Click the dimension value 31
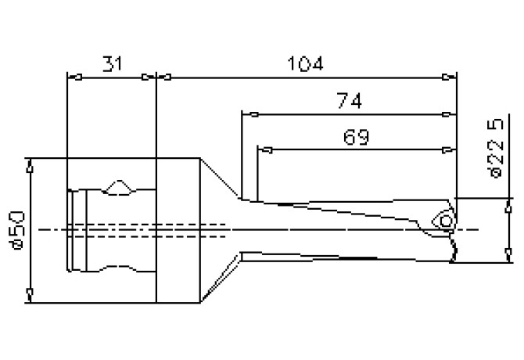pyautogui.click(x=112, y=64)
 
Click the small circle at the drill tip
pyautogui.click(x=446, y=223)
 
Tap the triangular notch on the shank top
pyautogui.click(x=120, y=187)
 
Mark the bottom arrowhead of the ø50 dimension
pyautogui.click(x=30, y=295)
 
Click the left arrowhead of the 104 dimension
pyautogui.click(x=163, y=77)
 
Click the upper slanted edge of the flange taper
pyautogui.click(x=221, y=178)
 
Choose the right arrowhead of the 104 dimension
pyautogui.click(x=450, y=77)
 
